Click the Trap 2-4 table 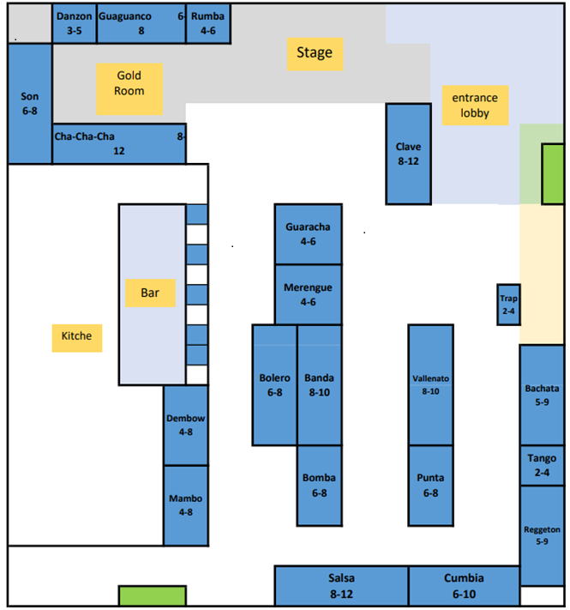pos(508,305)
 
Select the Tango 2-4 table pos(542,465)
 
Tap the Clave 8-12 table pos(408,154)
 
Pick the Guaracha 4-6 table pos(308,234)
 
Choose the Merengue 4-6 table pos(308,294)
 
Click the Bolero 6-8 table pos(274,384)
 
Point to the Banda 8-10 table pos(319,384)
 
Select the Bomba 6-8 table pos(319,485)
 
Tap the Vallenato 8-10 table pos(430,384)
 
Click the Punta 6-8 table pos(430,485)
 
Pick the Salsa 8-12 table pos(341,586)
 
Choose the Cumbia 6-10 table pos(464,586)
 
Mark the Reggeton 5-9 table pos(542,535)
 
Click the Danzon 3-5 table pos(74,23)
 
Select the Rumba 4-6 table pos(208,23)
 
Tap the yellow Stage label pos(315,53)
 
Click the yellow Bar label pos(150,293)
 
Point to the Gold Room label pos(129,83)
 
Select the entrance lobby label pos(474,105)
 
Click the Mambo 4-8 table pos(186,505)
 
